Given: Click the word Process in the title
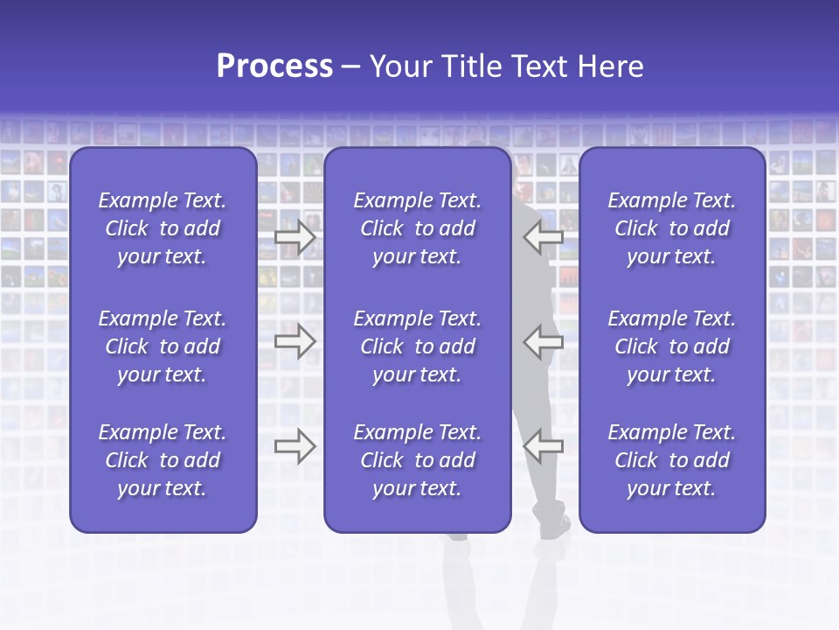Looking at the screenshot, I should pyautogui.click(x=274, y=66).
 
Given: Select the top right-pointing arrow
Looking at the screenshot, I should pyautogui.click(x=295, y=237).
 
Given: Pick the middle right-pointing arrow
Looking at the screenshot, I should pyautogui.click(x=295, y=341).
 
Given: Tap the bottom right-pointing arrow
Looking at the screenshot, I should pyautogui.click(x=295, y=446).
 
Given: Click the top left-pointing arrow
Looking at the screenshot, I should pyautogui.click(x=543, y=237).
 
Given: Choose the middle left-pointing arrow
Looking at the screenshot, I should pyautogui.click(x=543, y=341).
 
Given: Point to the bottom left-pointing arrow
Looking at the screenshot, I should pyautogui.click(x=543, y=446).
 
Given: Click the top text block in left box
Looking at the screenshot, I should pyautogui.click(x=163, y=228).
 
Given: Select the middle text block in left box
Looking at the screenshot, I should pyautogui.click(x=163, y=346).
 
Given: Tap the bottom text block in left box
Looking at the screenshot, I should pyautogui.click(x=163, y=460).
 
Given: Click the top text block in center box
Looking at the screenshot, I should pyautogui.click(x=417, y=228).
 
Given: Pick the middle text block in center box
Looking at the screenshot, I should pyautogui.click(x=417, y=346).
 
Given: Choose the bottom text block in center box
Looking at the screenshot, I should pyautogui.click(x=417, y=460).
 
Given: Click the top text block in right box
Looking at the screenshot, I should pyautogui.click(x=671, y=228).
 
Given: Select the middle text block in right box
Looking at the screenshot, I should pyautogui.click(x=671, y=346).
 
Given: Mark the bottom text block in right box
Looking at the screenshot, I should pyautogui.click(x=671, y=460).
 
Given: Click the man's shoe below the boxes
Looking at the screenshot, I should pyautogui.click(x=556, y=528).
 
